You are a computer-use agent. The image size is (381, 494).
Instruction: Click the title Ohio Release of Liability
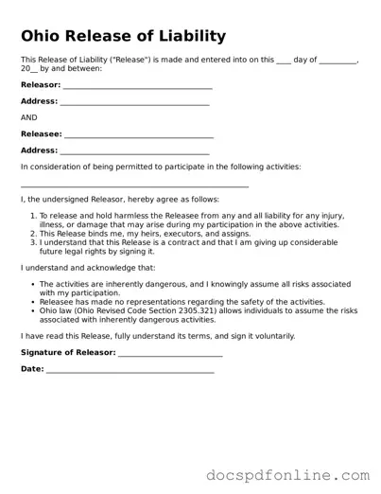123,37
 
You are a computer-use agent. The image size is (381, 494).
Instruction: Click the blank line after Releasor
137,87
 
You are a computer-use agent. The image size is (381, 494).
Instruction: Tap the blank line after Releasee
139,137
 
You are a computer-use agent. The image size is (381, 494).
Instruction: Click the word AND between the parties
29,117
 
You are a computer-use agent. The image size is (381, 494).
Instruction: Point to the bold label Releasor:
40,85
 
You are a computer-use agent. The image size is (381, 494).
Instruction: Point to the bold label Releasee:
41,134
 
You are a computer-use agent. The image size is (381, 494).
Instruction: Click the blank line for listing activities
134,185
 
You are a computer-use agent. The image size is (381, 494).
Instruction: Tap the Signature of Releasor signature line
170,355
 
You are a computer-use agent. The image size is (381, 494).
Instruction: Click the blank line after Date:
130,371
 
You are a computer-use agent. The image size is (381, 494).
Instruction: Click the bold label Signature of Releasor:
68,353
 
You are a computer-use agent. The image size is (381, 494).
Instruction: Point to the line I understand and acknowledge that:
88,268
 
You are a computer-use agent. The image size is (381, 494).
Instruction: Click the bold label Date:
32,369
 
